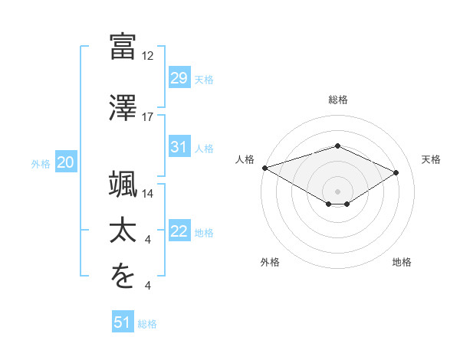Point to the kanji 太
click(x=123, y=230)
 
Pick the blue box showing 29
click(x=179, y=78)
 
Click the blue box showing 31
click(x=179, y=147)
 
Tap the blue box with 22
click(x=179, y=232)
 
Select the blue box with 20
click(x=65, y=162)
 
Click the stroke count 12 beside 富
click(x=148, y=56)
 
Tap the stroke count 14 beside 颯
click(x=148, y=194)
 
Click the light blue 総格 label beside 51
click(x=147, y=324)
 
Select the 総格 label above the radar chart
click(x=338, y=100)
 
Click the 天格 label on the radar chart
click(x=431, y=159)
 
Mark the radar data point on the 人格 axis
click(x=264, y=168)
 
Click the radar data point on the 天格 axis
click(x=396, y=173)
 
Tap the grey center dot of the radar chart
click(x=337, y=190)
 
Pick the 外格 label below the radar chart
click(x=270, y=262)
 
